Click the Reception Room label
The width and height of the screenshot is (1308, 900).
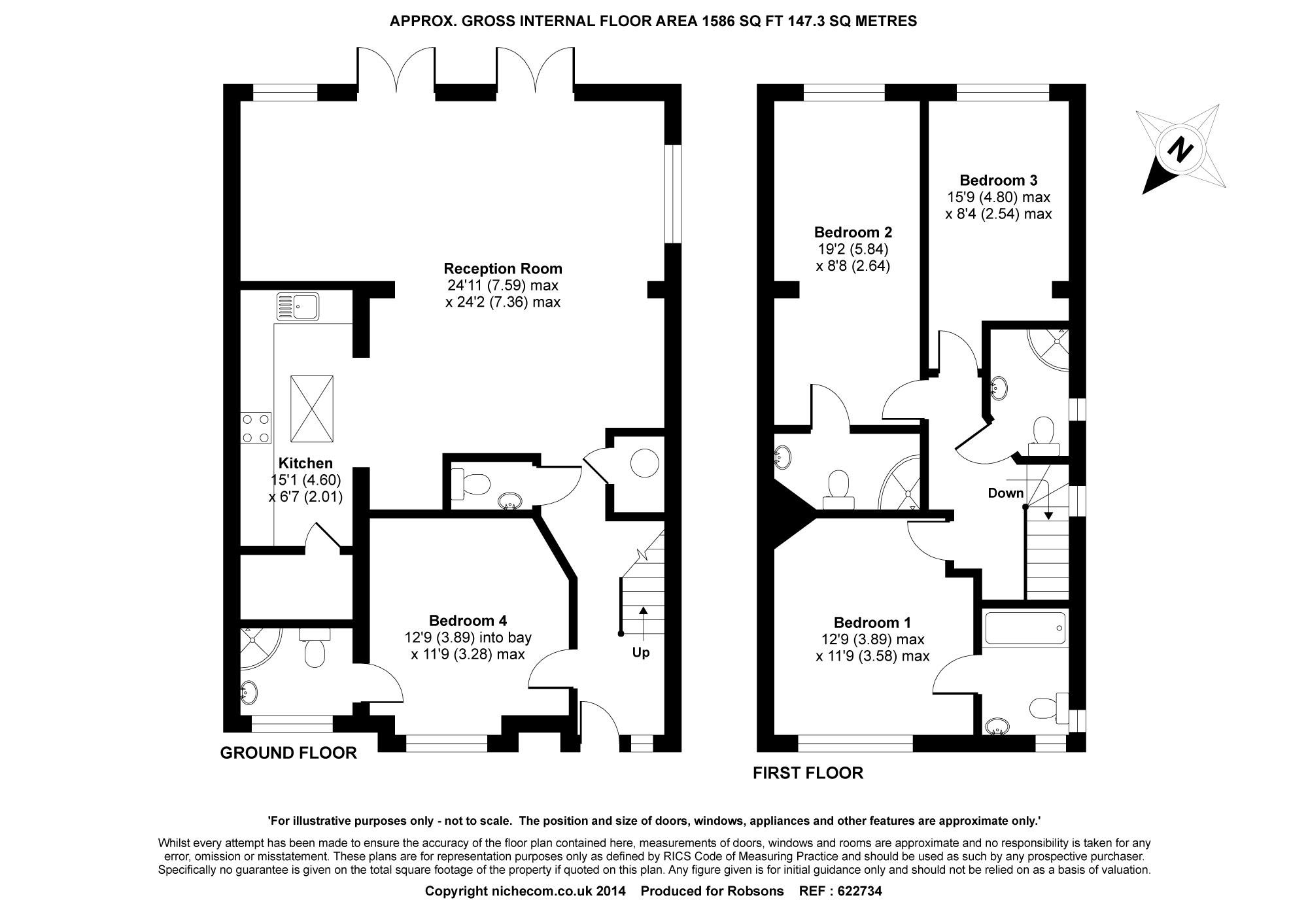503,268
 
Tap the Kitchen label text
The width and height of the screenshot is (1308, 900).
305,463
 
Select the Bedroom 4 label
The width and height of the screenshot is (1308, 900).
468,620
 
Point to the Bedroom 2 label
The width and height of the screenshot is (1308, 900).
853,232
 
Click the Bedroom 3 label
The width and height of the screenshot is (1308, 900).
999,180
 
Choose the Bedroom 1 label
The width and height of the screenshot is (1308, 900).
872,622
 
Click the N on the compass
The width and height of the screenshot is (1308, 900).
1180,149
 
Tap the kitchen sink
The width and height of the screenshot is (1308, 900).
297,306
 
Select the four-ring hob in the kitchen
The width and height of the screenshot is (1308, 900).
256,428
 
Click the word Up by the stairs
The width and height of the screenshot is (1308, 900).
641,653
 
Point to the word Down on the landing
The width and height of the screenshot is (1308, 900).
1006,493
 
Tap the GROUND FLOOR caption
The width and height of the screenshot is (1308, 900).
288,753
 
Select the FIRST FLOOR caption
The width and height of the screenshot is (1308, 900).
808,773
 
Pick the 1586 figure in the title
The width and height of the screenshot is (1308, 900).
718,21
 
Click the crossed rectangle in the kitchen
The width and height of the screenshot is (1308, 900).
311,409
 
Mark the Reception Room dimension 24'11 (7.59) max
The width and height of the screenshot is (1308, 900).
503,285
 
